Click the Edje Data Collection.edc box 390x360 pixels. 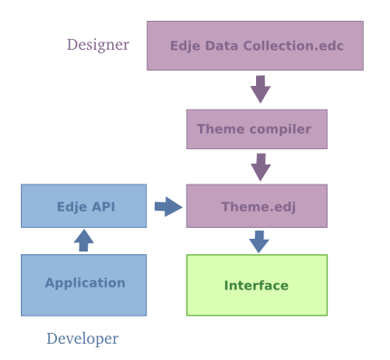(255, 45)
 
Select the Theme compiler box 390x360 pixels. (256, 129)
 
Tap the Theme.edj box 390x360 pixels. (256, 206)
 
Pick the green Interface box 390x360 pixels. (256, 285)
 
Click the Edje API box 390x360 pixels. (83, 206)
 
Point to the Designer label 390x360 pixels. (98, 44)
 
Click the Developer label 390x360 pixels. (82, 339)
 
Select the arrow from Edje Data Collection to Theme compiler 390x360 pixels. (261, 89)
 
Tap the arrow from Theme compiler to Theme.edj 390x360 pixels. (261, 166)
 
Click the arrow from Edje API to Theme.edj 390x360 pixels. (166, 207)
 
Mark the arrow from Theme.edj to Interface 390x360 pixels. (260, 242)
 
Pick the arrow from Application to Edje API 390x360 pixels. (83, 240)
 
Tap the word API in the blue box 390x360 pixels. (102, 206)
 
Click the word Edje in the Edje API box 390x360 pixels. (71, 206)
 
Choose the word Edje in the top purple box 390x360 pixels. (186, 45)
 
